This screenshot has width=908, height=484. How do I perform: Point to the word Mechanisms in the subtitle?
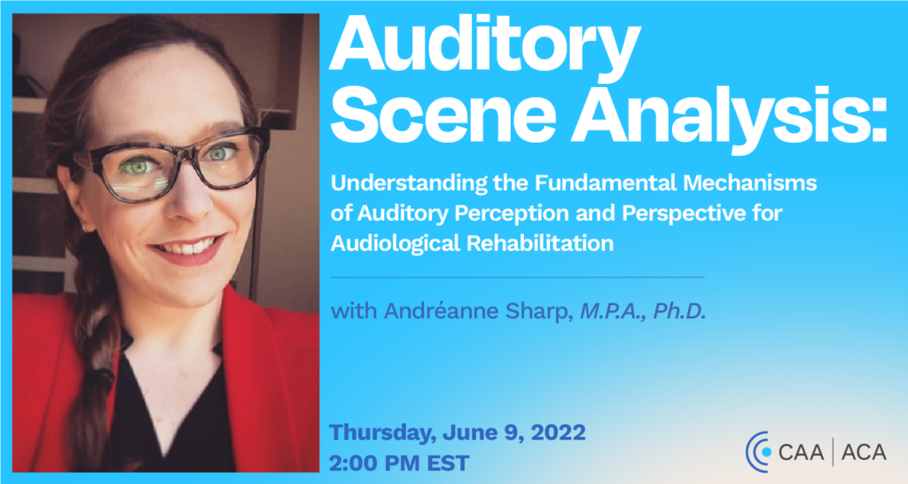750,183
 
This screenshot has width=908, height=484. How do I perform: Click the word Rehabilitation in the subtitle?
540,244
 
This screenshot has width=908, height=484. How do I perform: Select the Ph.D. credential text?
680,311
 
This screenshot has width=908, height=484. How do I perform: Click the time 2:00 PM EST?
399,463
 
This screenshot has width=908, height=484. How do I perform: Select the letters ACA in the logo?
863,452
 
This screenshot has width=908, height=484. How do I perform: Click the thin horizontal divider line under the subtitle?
518,277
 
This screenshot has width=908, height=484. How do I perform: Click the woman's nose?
192,199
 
